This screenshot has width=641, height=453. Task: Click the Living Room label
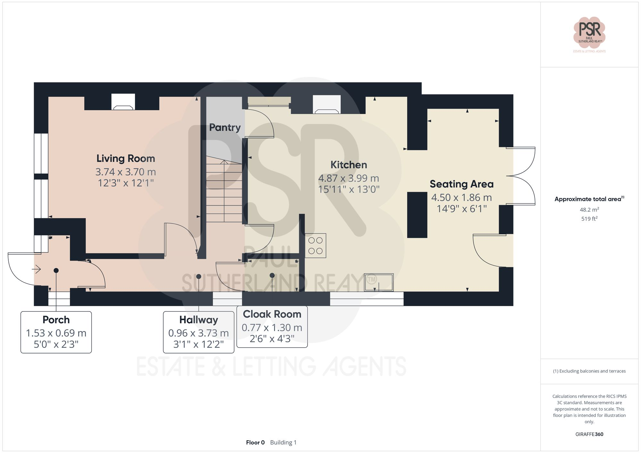[x=126, y=158]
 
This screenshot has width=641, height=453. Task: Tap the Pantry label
[x=225, y=127]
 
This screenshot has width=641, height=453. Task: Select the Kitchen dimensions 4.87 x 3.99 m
[x=348, y=178]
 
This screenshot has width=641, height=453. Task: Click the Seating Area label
[x=462, y=184]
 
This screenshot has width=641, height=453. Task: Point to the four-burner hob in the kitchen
[x=316, y=246]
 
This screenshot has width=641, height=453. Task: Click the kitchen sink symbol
[x=379, y=282]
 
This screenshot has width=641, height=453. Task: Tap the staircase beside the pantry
[x=224, y=192]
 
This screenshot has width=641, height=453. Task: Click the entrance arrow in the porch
[x=36, y=270]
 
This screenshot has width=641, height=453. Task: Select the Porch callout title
[x=56, y=320]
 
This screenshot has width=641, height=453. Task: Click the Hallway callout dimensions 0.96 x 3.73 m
[x=198, y=333]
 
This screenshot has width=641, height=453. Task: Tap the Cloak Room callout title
[x=272, y=314]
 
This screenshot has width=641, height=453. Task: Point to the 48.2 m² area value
[x=589, y=210]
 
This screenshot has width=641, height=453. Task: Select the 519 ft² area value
[x=589, y=219]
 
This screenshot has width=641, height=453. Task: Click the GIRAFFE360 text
[x=589, y=434]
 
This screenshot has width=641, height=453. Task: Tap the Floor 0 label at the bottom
[x=255, y=442]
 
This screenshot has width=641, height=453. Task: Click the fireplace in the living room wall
[x=123, y=102]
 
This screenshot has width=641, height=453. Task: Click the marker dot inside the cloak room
[x=272, y=275]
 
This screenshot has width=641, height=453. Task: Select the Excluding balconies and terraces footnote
[x=589, y=371]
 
